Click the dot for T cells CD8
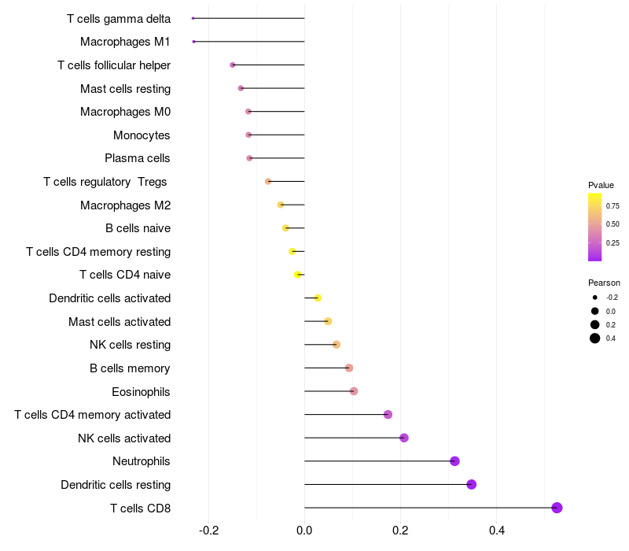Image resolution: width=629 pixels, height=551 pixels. [x=557, y=508]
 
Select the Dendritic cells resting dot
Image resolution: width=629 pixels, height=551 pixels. [x=472, y=484]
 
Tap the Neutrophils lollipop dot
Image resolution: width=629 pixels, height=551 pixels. [x=454, y=461]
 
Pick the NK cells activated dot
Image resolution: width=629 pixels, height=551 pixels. [x=404, y=438]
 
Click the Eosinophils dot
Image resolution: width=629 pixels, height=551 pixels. [x=354, y=391]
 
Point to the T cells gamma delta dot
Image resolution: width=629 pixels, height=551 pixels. [x=193, y=18]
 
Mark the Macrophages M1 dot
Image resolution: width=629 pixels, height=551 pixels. [x=193, y=41]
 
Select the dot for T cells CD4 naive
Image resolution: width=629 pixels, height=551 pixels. [x=297, y=275]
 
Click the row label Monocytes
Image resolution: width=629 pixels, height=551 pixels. [x=142, y=135]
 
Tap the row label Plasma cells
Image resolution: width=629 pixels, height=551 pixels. [x=138, y=158]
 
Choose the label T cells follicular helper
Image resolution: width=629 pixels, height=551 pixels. [x=114, y=65]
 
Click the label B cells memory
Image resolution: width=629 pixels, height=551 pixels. [x=131, y=368]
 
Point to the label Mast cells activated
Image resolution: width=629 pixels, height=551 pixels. [x=120, y=322]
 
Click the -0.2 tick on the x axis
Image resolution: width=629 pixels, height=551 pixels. [x=208, y=531]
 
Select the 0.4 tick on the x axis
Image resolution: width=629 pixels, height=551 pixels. [x=496, y=531]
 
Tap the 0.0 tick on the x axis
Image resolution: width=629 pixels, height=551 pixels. [x=304, y=531]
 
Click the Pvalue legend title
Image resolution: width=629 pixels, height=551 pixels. [x=601, y=185]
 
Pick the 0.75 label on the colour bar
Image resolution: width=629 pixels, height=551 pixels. [x=612, y=205]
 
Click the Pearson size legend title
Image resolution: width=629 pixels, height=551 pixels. [x=604, y=283]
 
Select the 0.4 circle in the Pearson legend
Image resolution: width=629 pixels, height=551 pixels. [x=595, y=338]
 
